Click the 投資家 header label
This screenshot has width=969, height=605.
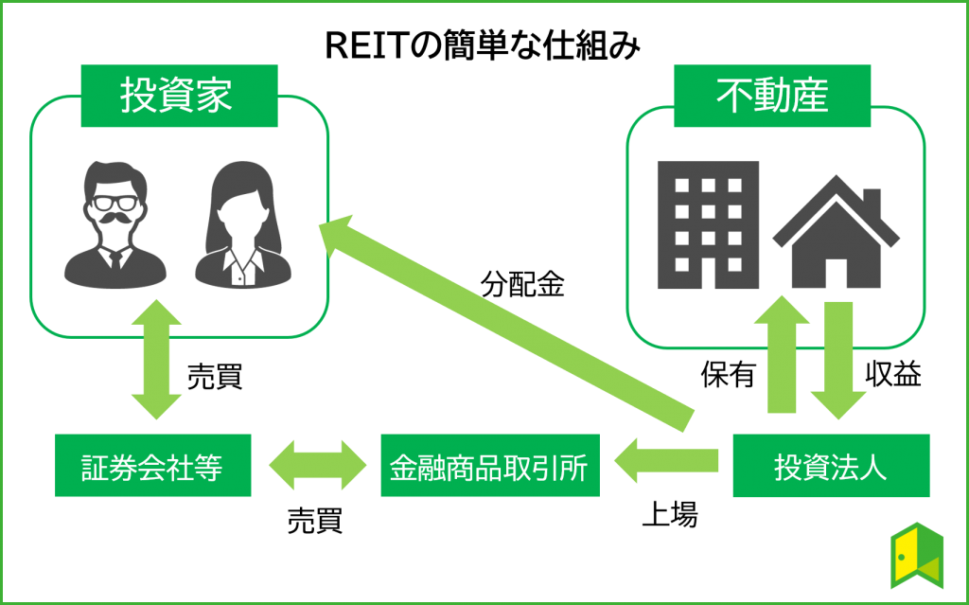click(178, 96)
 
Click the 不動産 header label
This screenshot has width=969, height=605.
click(771, 96)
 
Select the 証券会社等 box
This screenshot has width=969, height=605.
click(152, 466)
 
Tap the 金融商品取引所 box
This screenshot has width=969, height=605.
click(489, 466)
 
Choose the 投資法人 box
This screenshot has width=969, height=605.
click(830, 466)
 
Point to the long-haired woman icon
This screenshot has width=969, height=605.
click(241, 227)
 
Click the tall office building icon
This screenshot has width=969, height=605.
click(708, 225)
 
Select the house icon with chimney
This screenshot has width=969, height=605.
click(836, 235)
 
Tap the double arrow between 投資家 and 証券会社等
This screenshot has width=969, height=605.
click(156, 360)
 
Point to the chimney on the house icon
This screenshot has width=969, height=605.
click(871, 202)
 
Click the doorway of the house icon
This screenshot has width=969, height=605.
click(837, 271)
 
